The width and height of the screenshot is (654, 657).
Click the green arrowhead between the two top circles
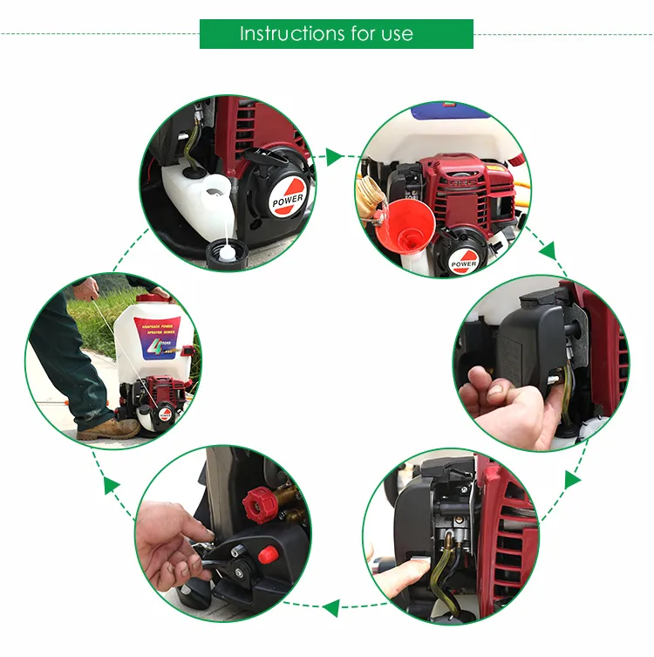334,159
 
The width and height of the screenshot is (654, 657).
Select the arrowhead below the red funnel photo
547,251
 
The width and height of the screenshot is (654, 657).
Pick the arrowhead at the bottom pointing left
330,603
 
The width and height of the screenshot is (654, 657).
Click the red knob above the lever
259,502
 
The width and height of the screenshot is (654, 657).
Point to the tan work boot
109,428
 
